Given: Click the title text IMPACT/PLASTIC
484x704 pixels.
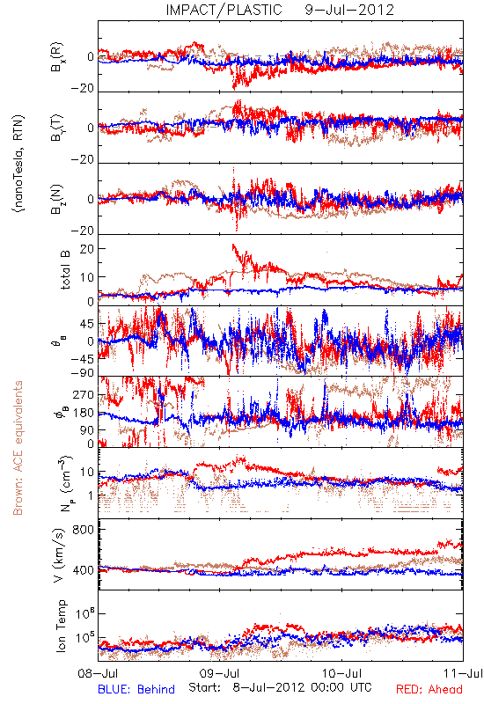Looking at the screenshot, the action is pos(224,10).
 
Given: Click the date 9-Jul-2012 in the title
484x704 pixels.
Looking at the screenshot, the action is pos(349,10).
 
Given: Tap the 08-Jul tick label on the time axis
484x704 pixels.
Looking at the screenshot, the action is pos(98,673).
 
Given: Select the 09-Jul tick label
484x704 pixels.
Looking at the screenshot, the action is pos(219,673).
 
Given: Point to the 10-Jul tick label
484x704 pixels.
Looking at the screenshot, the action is pos(341,673).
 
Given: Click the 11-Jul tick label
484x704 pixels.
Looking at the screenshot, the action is pos(463,673).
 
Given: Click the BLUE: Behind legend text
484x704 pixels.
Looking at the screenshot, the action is pos(136,689).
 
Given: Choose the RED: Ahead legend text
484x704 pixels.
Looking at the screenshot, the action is pos(429,689).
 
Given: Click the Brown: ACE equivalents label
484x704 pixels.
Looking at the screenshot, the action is pos(18,448).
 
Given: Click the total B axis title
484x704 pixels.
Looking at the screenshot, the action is pos(64,270).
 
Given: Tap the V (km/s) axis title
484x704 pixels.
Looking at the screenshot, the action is pos(58,555).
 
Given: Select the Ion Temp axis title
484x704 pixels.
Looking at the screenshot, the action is pos(61,626).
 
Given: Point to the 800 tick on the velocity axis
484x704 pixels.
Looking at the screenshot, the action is pos(83,530).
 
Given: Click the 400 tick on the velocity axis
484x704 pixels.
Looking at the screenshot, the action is pos(83,570).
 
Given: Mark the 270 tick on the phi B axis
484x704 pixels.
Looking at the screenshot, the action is pos(84,394).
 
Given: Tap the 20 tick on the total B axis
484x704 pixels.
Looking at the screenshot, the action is pos(87,249).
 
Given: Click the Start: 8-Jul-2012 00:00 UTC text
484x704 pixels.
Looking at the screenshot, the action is pos(280,687).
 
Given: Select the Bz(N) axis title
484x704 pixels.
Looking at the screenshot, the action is pos(57,199).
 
